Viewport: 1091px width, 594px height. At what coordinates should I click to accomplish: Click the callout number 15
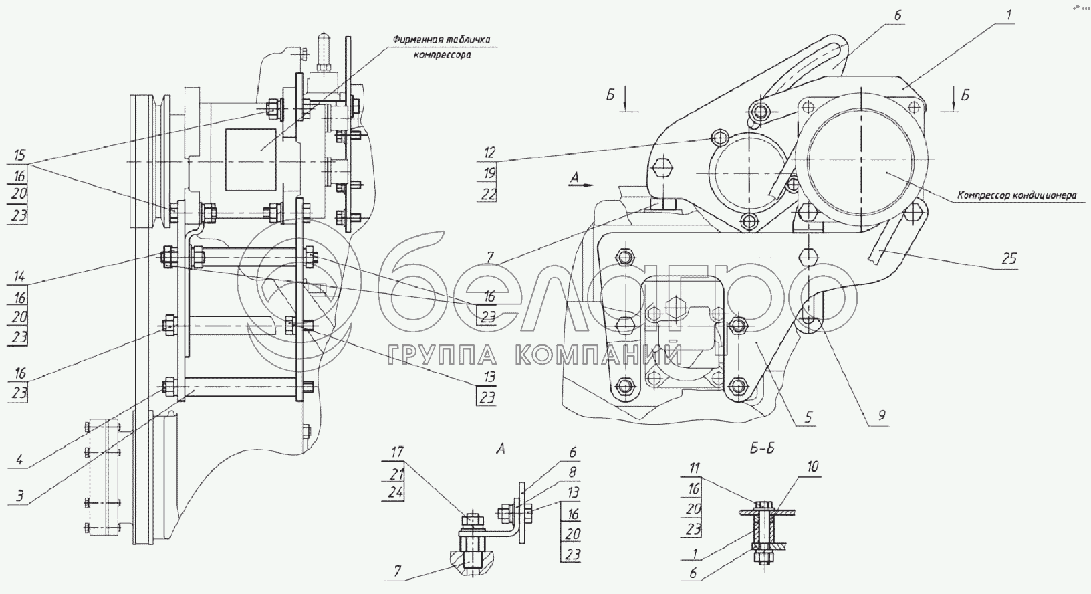click(x=19, y=155)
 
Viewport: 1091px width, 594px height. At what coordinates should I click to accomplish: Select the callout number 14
click(x=19, y=277)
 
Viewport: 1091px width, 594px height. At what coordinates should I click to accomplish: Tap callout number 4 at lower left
click(x=19, y=460)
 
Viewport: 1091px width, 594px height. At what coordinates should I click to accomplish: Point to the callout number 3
click(x=19, y=496)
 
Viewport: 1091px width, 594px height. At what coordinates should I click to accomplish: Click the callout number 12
click(x=489, y=153)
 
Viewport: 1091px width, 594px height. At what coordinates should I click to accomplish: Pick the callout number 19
click(x=489, y=173)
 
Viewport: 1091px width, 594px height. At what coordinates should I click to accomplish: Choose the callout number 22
click(x=489, y=195)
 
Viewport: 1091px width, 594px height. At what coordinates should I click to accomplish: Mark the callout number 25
click(x=1009, y=258)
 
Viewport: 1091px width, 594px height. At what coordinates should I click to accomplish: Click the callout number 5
click(x=808, y=417)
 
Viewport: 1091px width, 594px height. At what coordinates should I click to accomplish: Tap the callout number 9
click(x=882, y=415)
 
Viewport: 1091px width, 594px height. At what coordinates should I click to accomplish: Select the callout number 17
click(x=398, y=452)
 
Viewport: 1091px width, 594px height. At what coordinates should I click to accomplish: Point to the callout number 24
click(x=396, y=493)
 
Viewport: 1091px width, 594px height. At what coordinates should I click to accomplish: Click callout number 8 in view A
click(x=573, y=472)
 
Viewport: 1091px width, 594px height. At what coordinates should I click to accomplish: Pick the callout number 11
click(x=693, y=468)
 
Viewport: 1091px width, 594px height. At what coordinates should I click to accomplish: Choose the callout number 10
click(x=812, y=467)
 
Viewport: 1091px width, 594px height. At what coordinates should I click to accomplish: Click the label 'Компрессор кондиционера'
click(x=1017, y=196)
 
